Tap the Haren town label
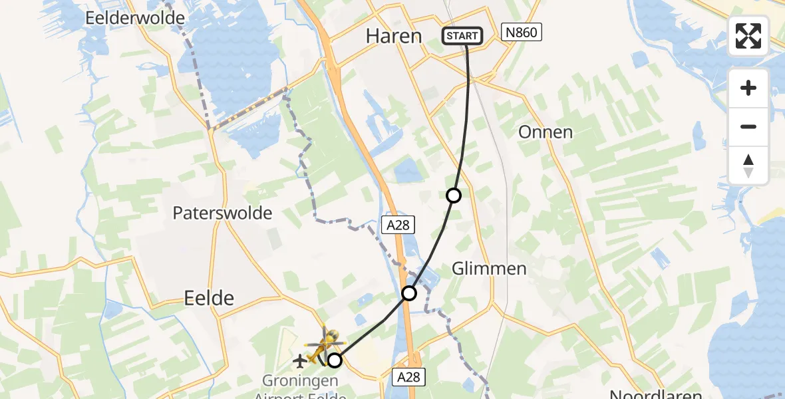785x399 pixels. tap(394, 36)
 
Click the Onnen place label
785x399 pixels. tap(546, 132)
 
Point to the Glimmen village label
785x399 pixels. tap(489, 269)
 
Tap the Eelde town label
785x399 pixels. tap(209, 299)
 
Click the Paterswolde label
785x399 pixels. tap(222, 213)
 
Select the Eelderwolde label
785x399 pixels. tap(135, 18)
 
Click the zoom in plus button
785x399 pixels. tap(748, 88)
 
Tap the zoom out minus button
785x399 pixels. tap(748, 126)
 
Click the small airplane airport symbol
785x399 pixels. tap(299, 361)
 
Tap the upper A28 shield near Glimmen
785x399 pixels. tap(398, 225)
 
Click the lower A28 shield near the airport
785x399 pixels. tap(408, 377)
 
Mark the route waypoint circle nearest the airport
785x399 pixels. tap(335, 360)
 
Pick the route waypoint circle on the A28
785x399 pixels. tap(409, 293)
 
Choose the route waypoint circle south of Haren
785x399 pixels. tap(453, 196)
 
